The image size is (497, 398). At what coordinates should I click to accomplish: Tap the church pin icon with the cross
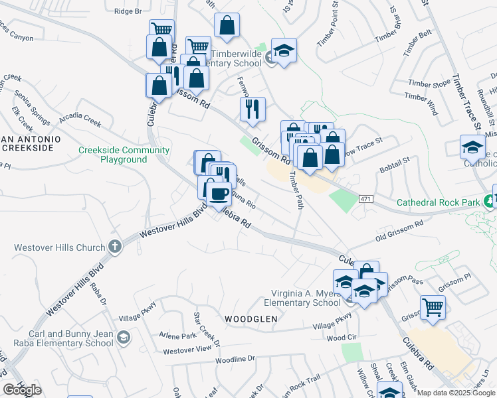click(115, 247)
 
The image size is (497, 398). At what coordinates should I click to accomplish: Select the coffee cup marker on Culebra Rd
click(219, 194)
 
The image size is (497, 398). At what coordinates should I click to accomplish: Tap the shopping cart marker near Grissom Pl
click(433, 306)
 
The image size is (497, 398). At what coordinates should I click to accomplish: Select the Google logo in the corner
click(22, 390)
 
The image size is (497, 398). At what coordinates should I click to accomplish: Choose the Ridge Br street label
click(128, 11)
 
